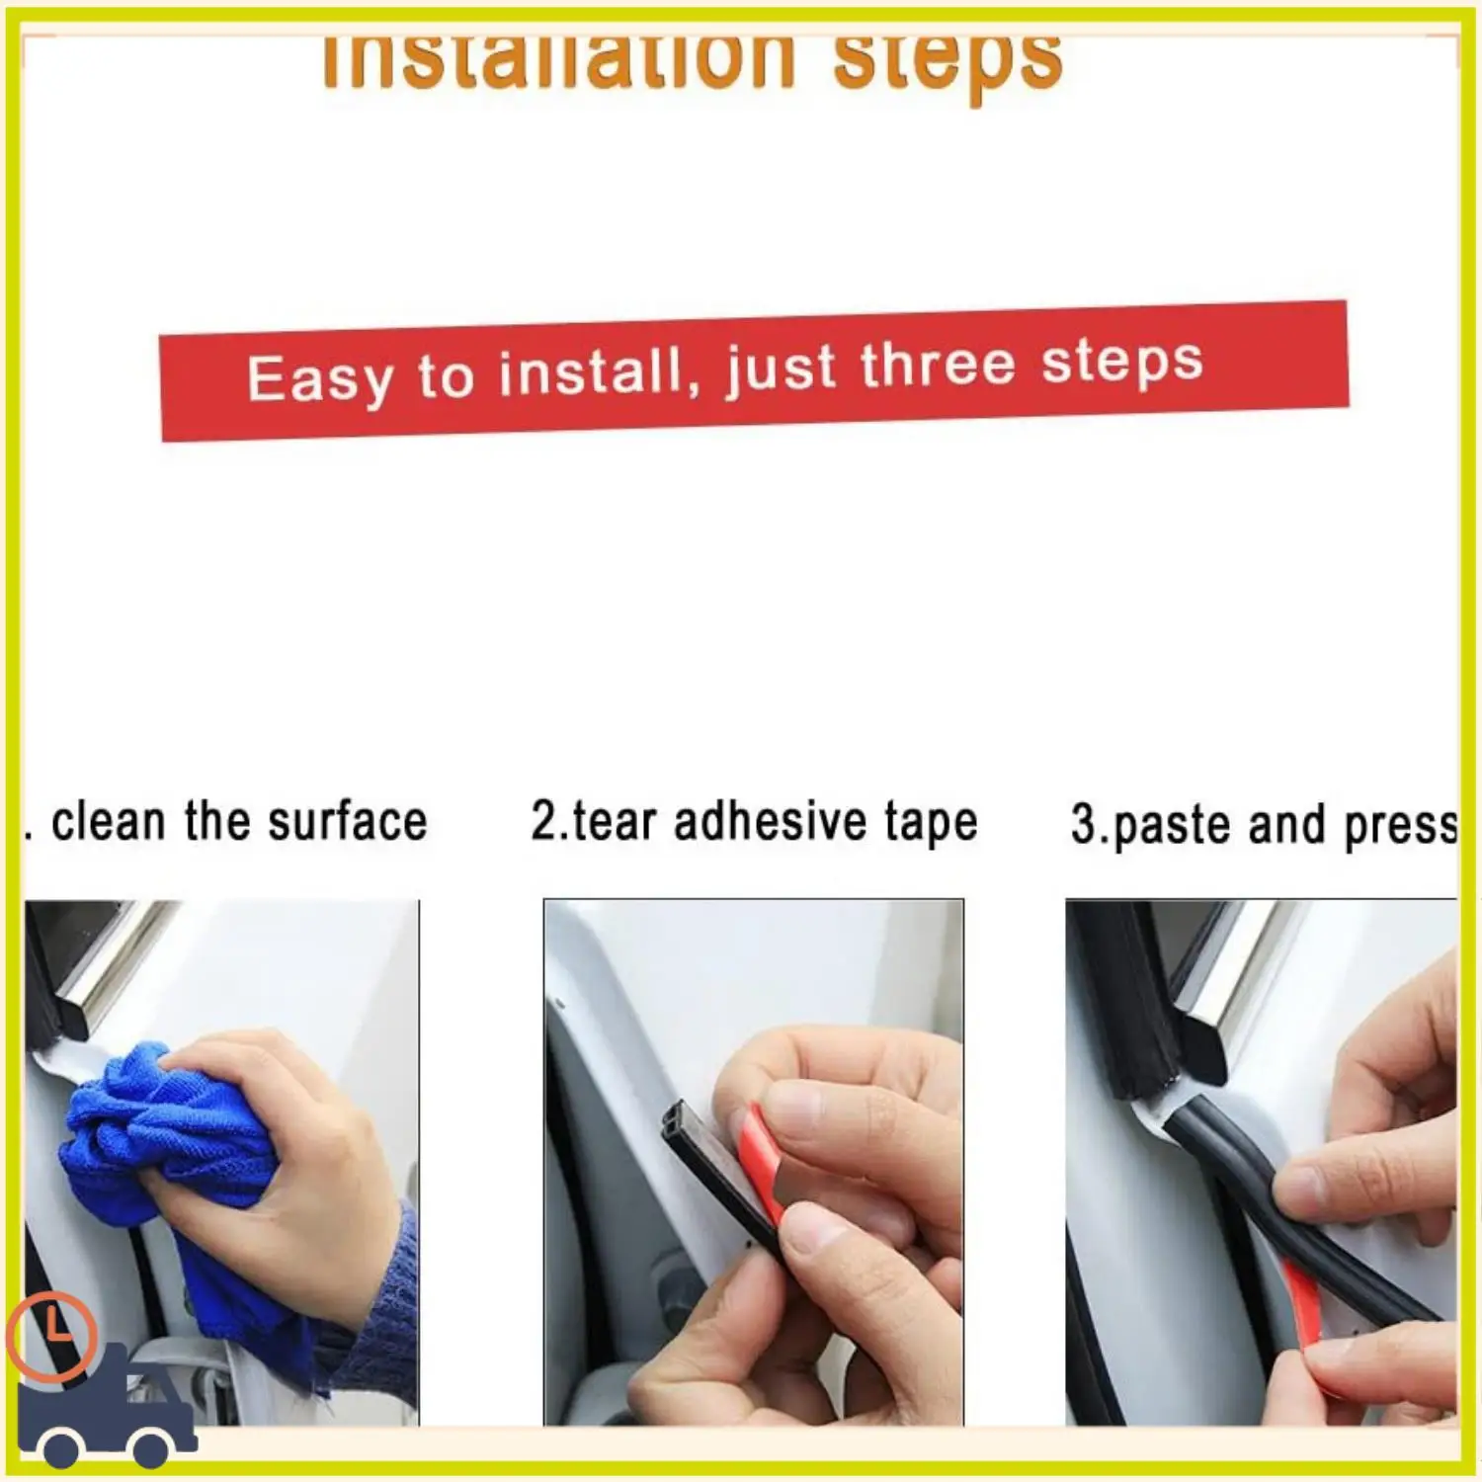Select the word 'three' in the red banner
[937, 365]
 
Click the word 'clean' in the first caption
[108, 822]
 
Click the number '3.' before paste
[1088, 824]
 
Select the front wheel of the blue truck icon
[154, 1446]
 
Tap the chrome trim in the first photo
[94, 978]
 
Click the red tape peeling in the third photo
[1304, 1304]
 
